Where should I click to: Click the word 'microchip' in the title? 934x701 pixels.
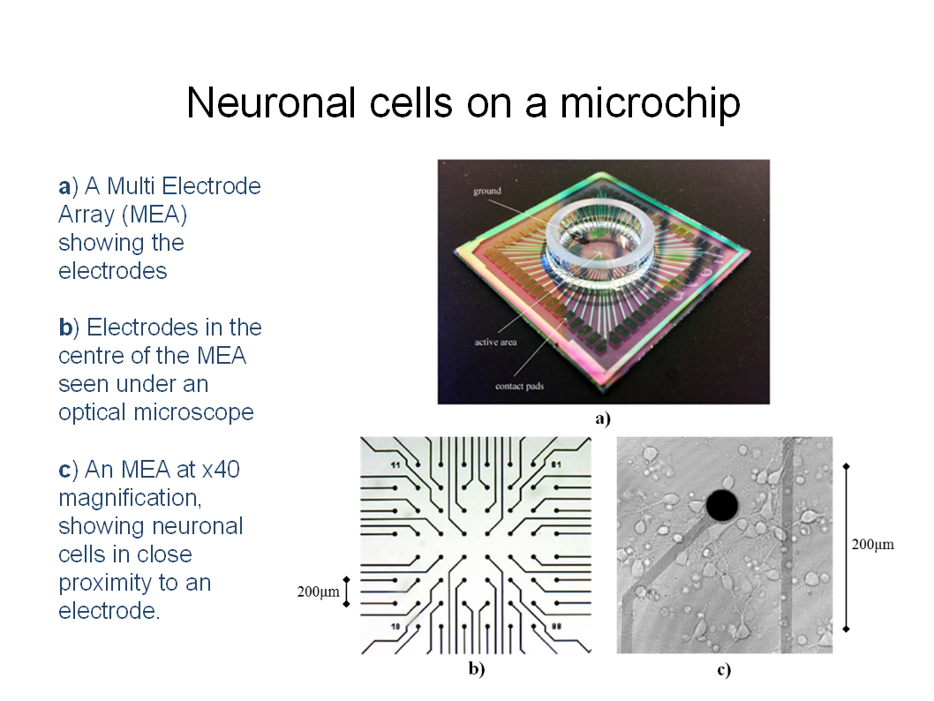point(650,103)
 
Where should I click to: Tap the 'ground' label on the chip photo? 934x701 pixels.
point(487,192)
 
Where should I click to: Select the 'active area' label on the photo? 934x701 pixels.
point(495,342)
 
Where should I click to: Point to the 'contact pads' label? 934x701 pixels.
point(519,386)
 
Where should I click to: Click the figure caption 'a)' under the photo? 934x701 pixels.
point(603,418)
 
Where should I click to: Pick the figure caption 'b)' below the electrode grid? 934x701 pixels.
point(477,669)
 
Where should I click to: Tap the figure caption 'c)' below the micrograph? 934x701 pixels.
point(724,670)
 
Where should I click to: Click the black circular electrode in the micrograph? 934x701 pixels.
point(722,506)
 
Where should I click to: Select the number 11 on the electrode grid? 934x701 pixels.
point(395,464)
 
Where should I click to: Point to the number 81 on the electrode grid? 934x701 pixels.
point(556,464)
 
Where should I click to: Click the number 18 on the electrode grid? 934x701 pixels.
point(395,626)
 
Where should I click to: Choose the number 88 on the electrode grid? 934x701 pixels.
point(556,626)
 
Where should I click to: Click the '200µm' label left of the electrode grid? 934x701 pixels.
point(318,592)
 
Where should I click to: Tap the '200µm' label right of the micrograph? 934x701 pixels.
point(873,545)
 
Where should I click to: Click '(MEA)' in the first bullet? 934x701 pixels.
point(154,215)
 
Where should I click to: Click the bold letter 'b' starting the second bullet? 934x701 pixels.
point(65,327)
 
